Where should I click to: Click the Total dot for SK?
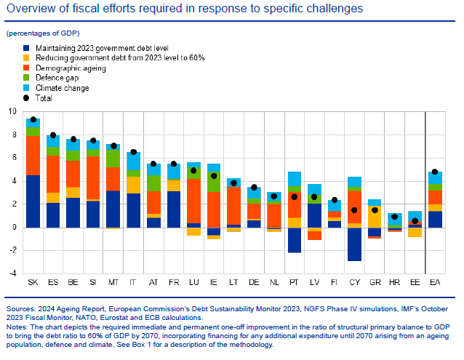click(33, 119)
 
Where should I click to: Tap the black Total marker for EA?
click(435, 172)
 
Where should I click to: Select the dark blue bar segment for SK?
click(33, 201)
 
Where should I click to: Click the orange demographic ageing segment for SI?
click(93, 178)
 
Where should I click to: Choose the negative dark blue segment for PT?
click(294, 240)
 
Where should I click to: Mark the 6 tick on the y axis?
click(12, 158)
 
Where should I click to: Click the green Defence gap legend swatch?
click(27, 78)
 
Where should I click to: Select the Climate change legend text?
click(62, 88)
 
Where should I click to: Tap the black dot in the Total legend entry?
click(27, 97)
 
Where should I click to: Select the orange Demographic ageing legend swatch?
click(27, 68)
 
